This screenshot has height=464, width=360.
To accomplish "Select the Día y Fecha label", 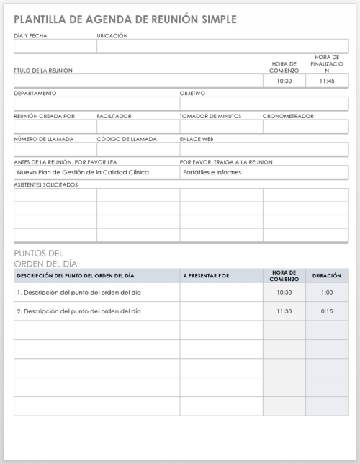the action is (30, 35).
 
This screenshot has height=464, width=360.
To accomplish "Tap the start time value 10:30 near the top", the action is (284, 81).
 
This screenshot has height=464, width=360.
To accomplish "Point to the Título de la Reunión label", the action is (43, 71).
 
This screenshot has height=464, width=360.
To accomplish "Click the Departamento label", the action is (35, 94).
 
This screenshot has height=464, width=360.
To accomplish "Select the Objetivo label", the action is (193, 94).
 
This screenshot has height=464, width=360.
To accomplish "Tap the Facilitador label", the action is (114, 116).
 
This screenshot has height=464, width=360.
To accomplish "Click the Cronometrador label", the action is (288, 116).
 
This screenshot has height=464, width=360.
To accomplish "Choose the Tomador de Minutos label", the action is (211, 116).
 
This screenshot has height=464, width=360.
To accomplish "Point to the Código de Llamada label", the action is (127, 139).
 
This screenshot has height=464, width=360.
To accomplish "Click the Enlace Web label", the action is (197, 139).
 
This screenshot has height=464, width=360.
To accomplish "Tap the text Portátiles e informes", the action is (212, 173).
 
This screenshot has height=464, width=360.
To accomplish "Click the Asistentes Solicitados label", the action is (46, 185).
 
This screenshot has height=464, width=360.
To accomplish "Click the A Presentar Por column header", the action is (207, 276).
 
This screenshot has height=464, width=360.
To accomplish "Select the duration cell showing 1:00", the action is (327, 293).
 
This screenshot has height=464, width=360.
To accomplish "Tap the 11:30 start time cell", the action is (284, 311).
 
